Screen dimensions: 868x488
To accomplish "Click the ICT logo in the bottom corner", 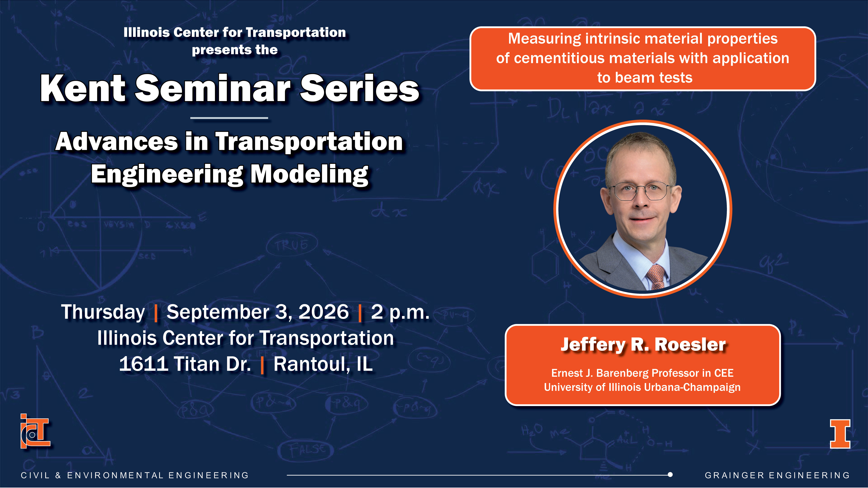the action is [35, 431].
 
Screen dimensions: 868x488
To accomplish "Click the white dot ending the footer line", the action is [670, 475].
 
